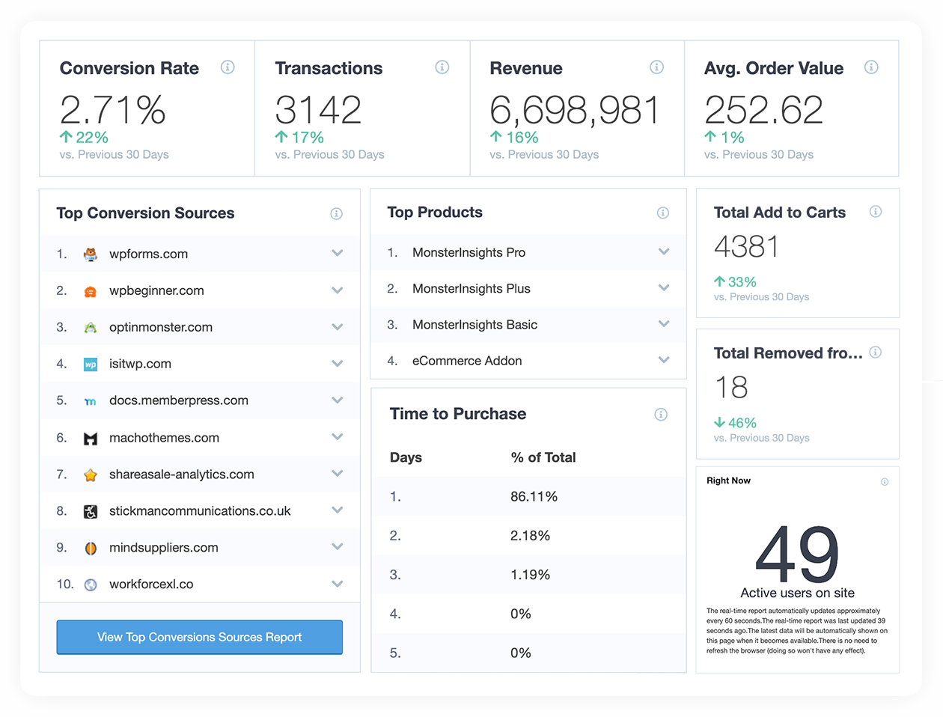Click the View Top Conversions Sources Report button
click(x=199, y=637)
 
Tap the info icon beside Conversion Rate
click(x=228, y=67)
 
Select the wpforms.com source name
click(x=148, y=254)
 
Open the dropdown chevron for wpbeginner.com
click(x=338, y=290)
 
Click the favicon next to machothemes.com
click(x=91, y=438)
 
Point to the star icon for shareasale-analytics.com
click(x=91, y=475)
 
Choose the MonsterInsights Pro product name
click(x=469, y=252)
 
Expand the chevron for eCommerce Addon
click(x=664, y=360)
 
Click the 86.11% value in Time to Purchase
click(x=534, y=496)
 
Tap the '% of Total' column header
click(x=543, y=457)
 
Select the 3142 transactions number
click(x=318, y=110)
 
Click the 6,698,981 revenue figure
click(x=574, y=110)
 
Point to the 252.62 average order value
click(x=763, y=110)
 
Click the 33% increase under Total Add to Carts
click(x=735, y=282)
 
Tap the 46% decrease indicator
click(x=735, y=423)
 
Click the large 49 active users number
click(x=797, y=555)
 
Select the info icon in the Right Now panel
click(x=885, y=482)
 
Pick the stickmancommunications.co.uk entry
click(x=200, y=511)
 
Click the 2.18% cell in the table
click(x=530, y=536)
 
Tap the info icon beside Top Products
click(x=662, y=213)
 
